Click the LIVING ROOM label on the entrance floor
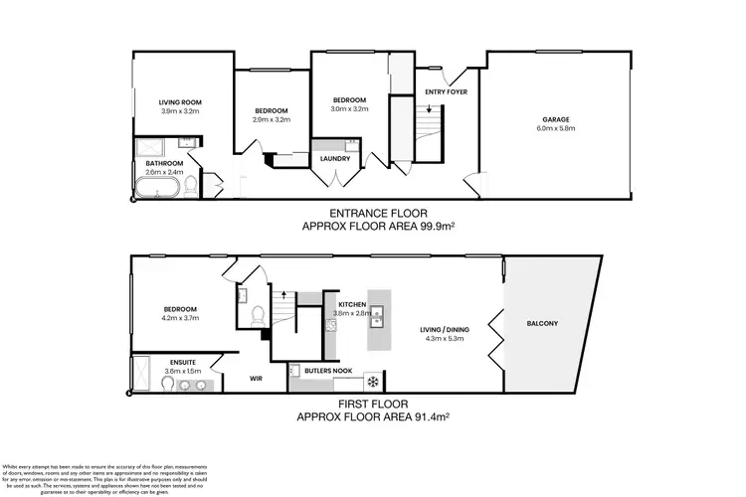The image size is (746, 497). click(180, 101)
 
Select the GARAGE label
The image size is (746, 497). click(556, 118)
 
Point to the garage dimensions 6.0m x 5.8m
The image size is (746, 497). click(556, 128)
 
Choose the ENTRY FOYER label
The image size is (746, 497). click(446, 92)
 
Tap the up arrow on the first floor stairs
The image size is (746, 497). click(283, 294)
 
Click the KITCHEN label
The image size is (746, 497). click(354, 303)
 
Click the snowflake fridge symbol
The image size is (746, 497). click(372, 381)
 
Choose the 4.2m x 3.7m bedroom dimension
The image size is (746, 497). click(180, 318)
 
